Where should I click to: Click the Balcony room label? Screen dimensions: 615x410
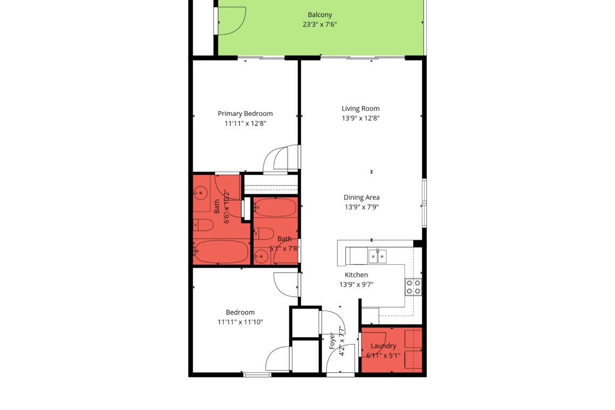pyautogui.click(x=320, y=15)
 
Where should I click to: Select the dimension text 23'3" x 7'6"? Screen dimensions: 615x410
pyautogui.click(x=320, y=24)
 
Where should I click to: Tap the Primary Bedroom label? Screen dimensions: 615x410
pyautogui.click(x=245, y=114)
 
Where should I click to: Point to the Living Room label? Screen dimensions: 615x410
pyautogui.click(x=360, y=108)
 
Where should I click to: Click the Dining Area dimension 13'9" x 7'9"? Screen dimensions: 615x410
pyautogui.click(x=361, y=207)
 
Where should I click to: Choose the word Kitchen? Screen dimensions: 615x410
pyautogui.click(x=356, y=275)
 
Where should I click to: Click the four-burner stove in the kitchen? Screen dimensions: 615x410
pyautogui.click(x=413, y=287)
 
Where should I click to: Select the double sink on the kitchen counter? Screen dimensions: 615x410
pyautogui.click(x=377, y=256)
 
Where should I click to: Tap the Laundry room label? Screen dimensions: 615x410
pyautogui.click(x=383, y=346)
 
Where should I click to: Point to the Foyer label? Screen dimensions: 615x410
pyautogui.click(x=332, y=341)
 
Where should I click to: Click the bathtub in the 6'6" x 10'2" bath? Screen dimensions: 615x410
pyautogui.click(x=222, y=251)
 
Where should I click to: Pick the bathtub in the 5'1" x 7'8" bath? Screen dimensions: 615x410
pyautogui.click(x=275, y=207)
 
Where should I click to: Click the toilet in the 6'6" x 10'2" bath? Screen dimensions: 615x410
pyautogui.click(x=203, y=225)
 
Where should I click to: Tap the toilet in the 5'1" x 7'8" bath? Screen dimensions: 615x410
pyautogui.click(x=264, y=234)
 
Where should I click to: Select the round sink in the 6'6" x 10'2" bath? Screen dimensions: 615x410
pyautogui.click(x=201, y=193)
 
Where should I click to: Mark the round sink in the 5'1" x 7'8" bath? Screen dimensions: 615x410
pyautogui.click(x=261, y=257)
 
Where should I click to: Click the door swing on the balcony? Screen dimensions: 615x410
pyautogui.click(x=232, y=21)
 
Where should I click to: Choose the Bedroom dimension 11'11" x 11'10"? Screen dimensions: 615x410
pyautogui.click(x=240, y=322)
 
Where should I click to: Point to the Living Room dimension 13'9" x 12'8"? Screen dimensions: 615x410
pyautogui.click(x=360, y=118)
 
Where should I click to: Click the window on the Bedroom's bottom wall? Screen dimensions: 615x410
pyautogui.click(x=257, y=375)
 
